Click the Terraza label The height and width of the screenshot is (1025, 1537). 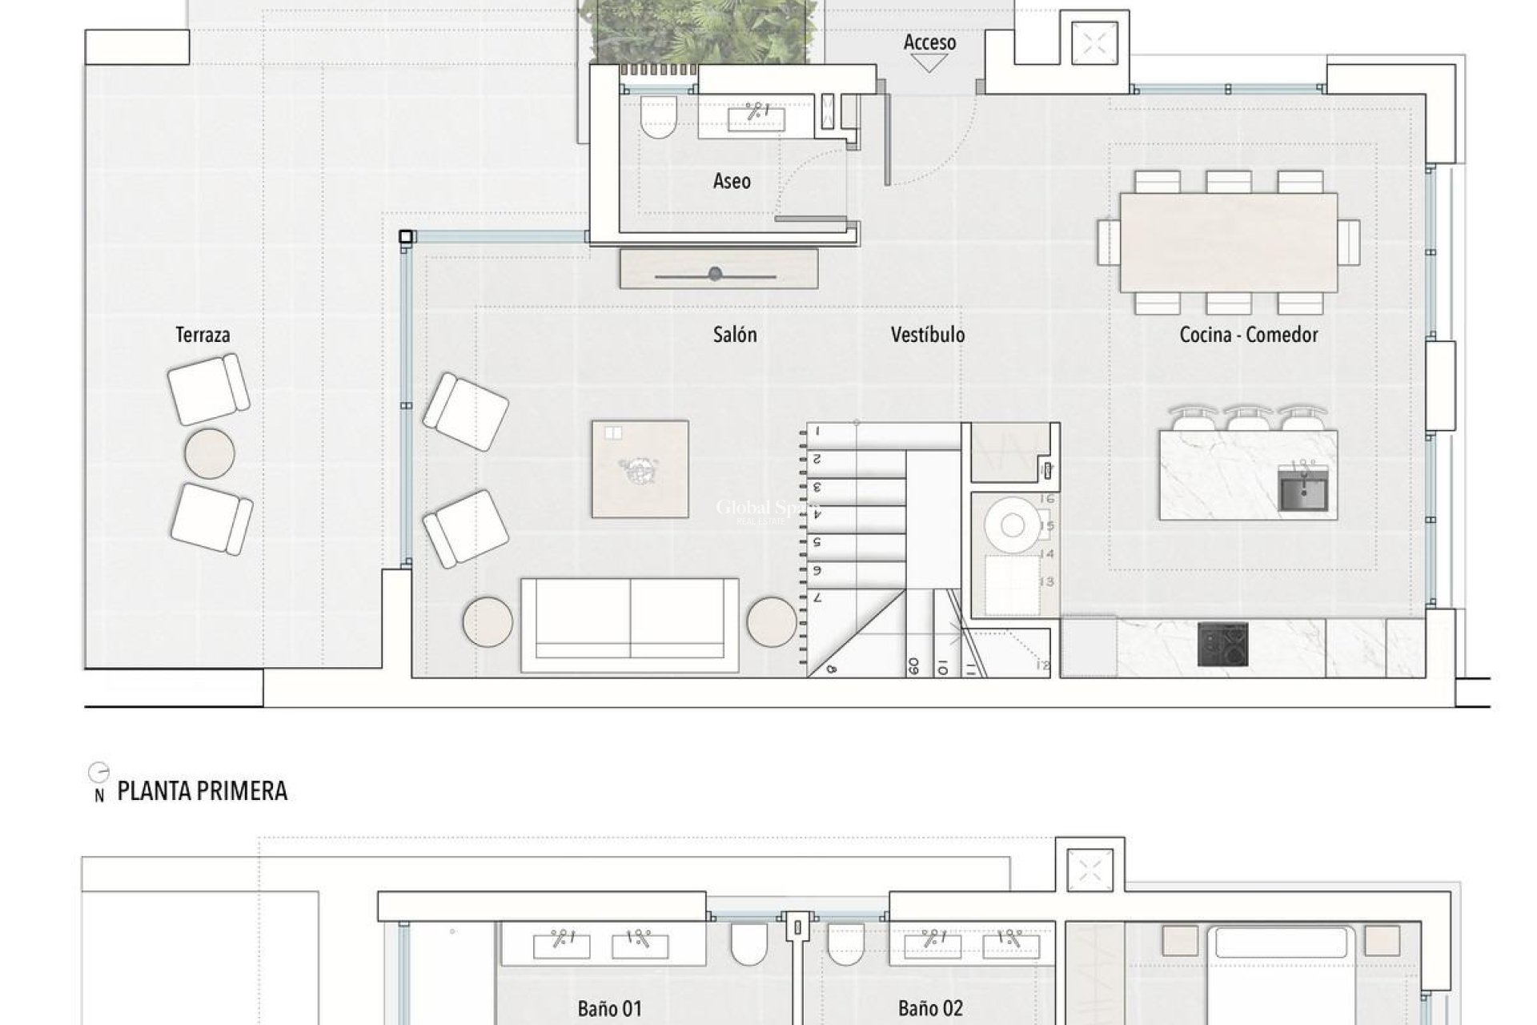(x=203, y=335)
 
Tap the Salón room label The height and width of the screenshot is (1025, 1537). (x=734, y=335)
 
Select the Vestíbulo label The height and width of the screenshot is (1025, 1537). (x=927, y=335)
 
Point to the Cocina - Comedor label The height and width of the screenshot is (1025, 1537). (x=1248, y=335)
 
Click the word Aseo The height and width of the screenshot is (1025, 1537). (x=732, y=181)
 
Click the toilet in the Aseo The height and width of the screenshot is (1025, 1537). (x=658, y=117)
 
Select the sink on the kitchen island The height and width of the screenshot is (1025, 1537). (x=1302, y=489)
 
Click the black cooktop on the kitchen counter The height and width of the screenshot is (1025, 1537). (x=1222, y=644)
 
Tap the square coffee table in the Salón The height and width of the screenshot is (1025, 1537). (x=640, y=469)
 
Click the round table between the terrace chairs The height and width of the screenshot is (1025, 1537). (x=209, y=453)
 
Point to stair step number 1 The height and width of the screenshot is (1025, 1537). (x=818, y=432)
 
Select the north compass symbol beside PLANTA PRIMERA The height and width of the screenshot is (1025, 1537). (x=98, y=774)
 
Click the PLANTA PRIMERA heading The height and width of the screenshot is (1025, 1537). (x=202, y=791)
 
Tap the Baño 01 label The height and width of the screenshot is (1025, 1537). (x=609, y=1008)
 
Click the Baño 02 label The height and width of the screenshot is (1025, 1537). (x=929, y=1008)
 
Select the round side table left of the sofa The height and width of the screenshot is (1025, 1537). (x=488, y=621)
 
